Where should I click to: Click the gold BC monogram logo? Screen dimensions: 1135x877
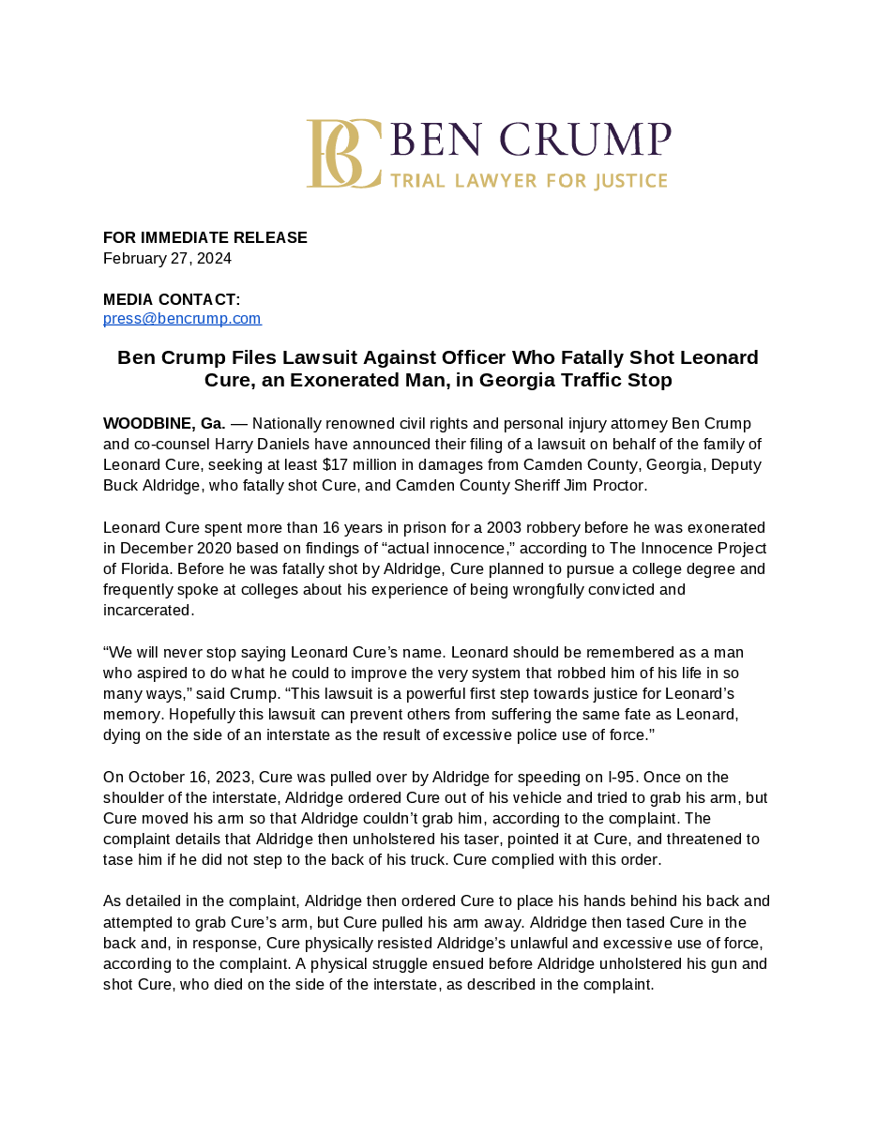pyautogui.click(x=343, y=154)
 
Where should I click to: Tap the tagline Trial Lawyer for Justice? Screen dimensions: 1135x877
pyautogui.click(x=529, y=181)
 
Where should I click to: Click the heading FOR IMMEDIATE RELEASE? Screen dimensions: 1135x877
pyautogui.click(x=205, y=238)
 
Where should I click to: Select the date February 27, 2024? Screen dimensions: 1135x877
pyautogui.click(x=167, y=259)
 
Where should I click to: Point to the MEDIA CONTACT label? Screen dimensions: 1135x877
pyautogui.click(x=172, y=300)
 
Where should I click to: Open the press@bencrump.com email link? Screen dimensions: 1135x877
pyautogui.click(x=182, y=319)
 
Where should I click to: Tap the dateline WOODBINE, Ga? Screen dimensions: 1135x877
pyautogui.click(x=164, y=424)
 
